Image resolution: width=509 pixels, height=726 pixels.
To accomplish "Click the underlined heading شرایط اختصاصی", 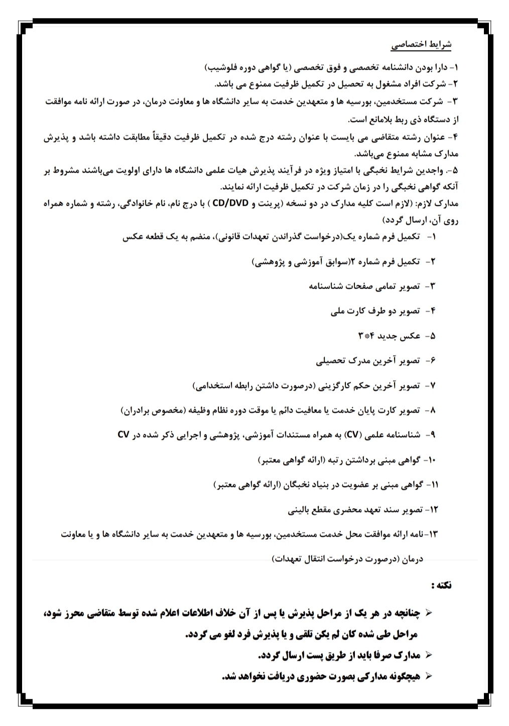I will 422,45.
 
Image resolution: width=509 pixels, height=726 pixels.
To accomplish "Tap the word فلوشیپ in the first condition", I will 219,67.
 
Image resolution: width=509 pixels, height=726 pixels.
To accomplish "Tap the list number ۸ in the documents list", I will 433,410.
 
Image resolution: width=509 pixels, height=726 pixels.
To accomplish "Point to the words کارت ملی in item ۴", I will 346,311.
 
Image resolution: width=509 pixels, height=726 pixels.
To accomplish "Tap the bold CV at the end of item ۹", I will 124,435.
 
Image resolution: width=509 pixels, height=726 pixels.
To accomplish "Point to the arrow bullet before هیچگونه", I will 429,676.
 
